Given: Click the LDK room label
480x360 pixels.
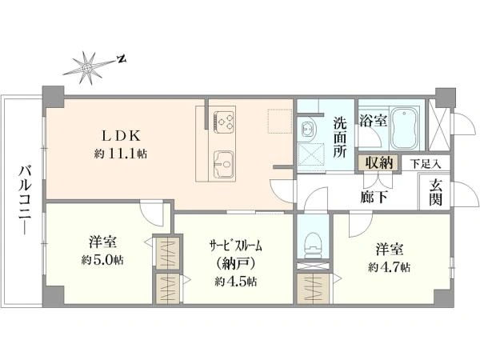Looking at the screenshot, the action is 121,136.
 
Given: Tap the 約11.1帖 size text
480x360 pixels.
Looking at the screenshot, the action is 121,154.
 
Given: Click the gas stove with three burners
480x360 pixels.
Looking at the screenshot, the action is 224,122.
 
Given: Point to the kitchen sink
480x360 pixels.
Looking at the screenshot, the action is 223,164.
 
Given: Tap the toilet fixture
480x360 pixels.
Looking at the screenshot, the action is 313,245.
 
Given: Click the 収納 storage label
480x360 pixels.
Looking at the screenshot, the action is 379,162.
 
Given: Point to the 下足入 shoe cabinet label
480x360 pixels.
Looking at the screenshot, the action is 426,164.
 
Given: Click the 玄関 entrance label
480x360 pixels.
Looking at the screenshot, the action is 435,193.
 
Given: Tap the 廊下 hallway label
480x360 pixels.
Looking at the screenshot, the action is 374,197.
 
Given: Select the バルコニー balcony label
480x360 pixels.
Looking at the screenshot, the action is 25,200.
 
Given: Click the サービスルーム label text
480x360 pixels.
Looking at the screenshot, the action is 236,246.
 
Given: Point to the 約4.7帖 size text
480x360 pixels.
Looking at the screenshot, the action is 389,268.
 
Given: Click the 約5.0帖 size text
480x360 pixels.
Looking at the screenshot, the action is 102,261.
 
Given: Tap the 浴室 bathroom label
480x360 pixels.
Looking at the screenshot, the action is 373,120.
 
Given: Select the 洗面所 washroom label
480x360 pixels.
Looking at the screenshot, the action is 340,137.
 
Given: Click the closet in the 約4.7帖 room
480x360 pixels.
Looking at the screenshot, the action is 314,289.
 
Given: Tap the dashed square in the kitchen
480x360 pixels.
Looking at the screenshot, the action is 279,121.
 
